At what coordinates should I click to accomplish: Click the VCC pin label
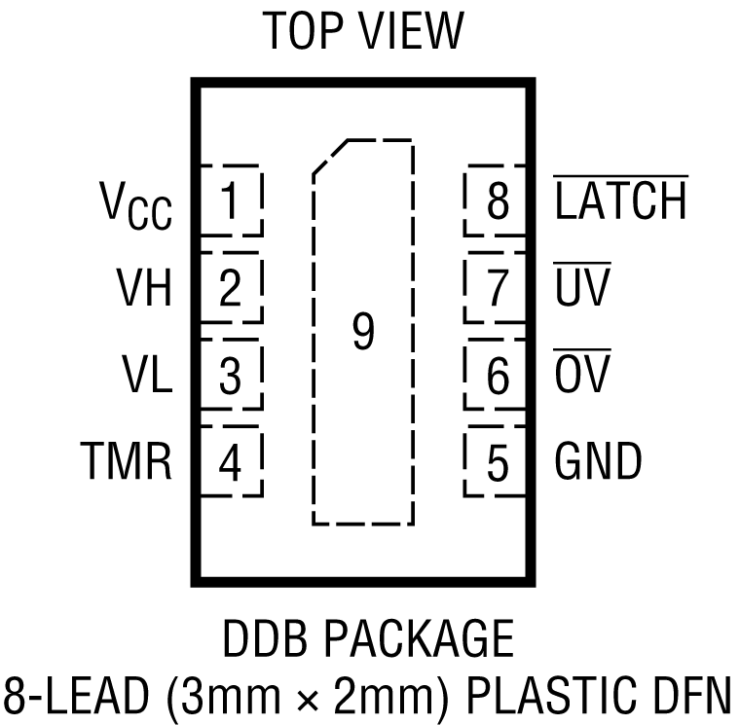pyautogui.click(x=135, y=205)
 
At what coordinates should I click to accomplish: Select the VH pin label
pyautogui.click(x=144, y=289)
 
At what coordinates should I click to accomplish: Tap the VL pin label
pyautogui.click(x=147, y=375)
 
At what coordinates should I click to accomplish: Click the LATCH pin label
pyautogui.click(x=620, y=201)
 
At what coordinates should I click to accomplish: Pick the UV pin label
pyautogui.click(x=581, y=288)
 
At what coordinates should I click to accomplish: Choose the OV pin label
pyautogui.click(x=581, y=375)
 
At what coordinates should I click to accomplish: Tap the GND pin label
pyautogui.click(x=598, y=461)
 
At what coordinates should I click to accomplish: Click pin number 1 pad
pyautogui.click(x=230, y=201)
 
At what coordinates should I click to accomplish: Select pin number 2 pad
pyautogui.click(x=230, y=289)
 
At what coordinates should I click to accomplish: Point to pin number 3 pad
pyautogui.click(x=230, y=376)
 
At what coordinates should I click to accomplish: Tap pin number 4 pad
pyautogui.click(x=230, y=462)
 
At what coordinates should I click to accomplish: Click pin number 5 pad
pyautogui.click(x=497, y=462)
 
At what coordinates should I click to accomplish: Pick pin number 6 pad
pyautogui.click(x=497, y=376)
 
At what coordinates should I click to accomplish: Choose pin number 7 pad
pyautogui.click(x=497, y=289)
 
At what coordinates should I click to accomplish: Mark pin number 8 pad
pyautogui.click(x=497, y=201)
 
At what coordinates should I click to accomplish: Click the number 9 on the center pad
pyautogui.click(x=362, y=333)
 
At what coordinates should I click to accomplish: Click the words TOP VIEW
pyautogui.click(x=363, y=32)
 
